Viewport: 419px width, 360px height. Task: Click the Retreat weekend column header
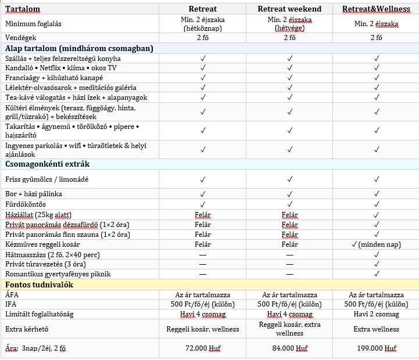pos(289,9)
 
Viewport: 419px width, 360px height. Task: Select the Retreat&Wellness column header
pos(375,9)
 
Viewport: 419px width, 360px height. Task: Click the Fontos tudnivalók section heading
pos(40,285)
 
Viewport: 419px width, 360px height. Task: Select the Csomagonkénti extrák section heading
pos(48,164)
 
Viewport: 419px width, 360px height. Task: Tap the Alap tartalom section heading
pos(79,48)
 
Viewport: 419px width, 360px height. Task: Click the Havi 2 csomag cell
pos(377,314)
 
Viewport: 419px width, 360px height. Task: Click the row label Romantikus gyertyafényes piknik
pos(58,273)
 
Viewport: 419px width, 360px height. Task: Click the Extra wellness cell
pos(377,329)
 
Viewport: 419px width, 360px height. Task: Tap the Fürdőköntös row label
pos(25,204)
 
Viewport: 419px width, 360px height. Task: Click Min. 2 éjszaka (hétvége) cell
pos(289,23)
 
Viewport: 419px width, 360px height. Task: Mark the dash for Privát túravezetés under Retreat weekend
pos(289,264)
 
